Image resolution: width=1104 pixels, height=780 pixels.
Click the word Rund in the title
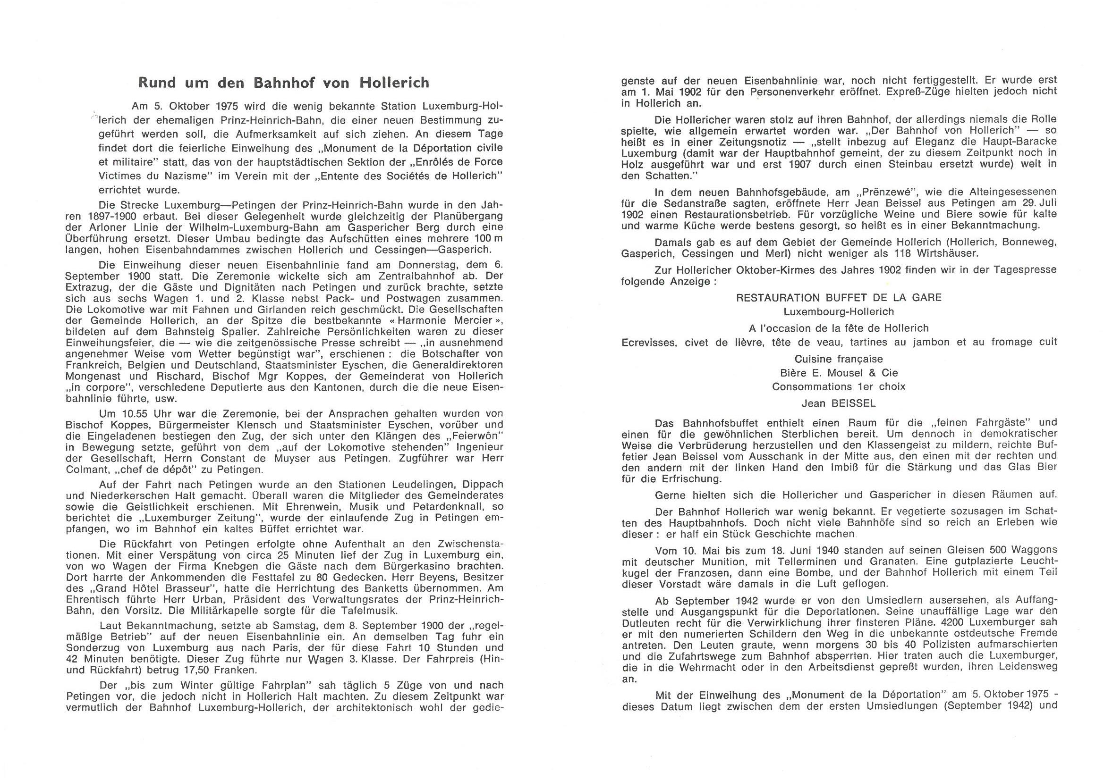(156, 83)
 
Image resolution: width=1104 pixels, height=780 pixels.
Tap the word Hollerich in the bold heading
(394, 83)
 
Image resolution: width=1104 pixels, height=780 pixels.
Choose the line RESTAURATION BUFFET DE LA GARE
(839, 297)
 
